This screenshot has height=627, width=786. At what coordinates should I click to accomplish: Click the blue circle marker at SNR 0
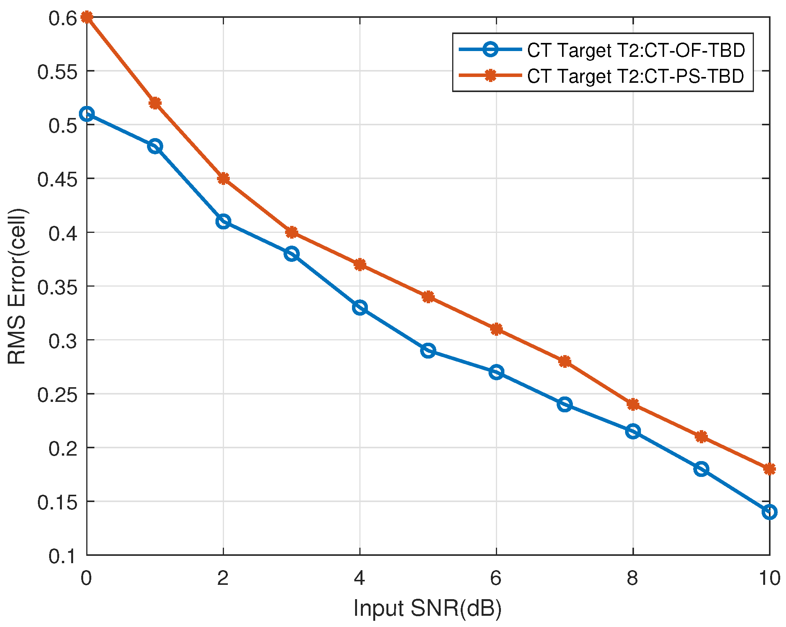pyautogui.click(x=87, y=114)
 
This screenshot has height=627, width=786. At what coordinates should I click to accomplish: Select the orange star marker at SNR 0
pyautogui.click(x=87, y=17)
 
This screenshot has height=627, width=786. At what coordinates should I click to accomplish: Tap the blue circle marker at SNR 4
pyautogui.click(x=360, y=308)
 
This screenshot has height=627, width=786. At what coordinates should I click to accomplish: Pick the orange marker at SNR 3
pyautogui.click(x=292, y=232)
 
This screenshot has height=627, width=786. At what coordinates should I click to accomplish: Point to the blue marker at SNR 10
pyautogui.click(x=769, y=512)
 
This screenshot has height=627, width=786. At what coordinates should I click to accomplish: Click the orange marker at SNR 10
pyautogui.click(x=769, y=469)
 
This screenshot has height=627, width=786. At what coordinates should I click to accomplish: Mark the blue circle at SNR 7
pyautogui.click(x=565, y=405)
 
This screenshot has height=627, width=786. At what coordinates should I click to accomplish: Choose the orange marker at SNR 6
pyautogui.click(x=496, y=330)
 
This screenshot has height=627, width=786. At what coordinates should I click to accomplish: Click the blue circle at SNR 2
pyautogui.click(x=223, y=222)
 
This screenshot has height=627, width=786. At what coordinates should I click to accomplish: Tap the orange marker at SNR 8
pyautogui.click(x=633, y=405)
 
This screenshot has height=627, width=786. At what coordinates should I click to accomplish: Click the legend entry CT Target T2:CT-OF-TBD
pyautogui.click(x=636, y=51)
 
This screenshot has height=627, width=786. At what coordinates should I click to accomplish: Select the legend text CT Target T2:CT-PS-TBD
pyautogui.click(x=635, y=76)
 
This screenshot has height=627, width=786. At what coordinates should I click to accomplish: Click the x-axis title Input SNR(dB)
pyautogui.click(x=427, y=608)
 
